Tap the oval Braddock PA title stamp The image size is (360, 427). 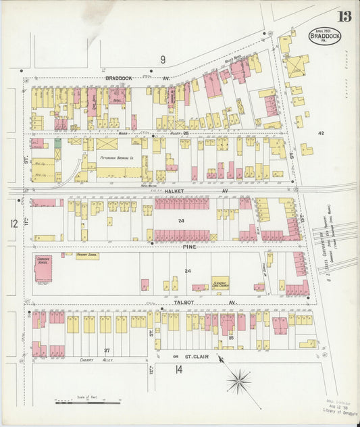click(325, 36)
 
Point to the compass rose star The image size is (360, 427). click(238, 382)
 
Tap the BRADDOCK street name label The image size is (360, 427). click(119, 78)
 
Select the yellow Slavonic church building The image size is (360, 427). click(219, 283)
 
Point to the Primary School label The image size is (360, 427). click(87, 256)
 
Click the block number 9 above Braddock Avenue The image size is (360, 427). click(163, 59)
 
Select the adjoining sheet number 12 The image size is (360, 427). click(13, 223)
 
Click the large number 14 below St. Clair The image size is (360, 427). click(178, 369)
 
